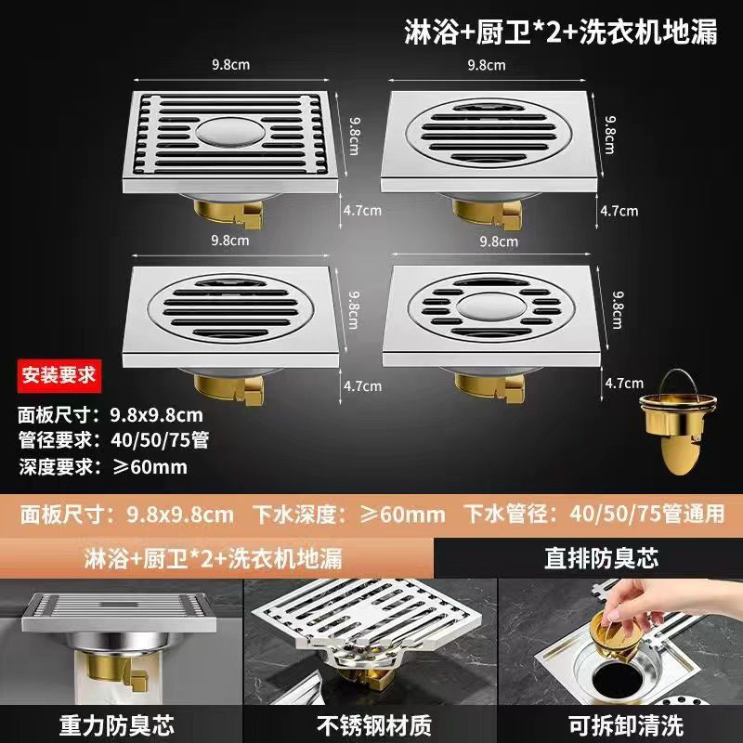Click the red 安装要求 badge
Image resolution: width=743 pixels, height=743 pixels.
pos(59,376)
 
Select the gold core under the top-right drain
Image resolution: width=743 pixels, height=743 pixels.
pos(488,215)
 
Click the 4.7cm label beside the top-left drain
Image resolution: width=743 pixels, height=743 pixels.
pos(362,211)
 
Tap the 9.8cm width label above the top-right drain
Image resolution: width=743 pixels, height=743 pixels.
pos(487,65)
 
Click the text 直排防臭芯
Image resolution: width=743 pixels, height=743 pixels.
pos(601,558)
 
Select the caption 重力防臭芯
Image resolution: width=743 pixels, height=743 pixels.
pos(117,725)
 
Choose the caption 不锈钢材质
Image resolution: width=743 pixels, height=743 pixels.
pos(374,725)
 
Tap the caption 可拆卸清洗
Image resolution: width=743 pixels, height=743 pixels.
pos(625,725)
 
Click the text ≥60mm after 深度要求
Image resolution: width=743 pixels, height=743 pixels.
pos(150,467)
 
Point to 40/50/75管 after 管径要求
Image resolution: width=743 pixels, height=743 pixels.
pos(160,440)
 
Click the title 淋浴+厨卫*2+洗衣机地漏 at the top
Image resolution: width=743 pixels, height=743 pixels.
pos(561,33)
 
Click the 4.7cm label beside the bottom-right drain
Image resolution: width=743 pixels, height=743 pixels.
pos(624,384)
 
